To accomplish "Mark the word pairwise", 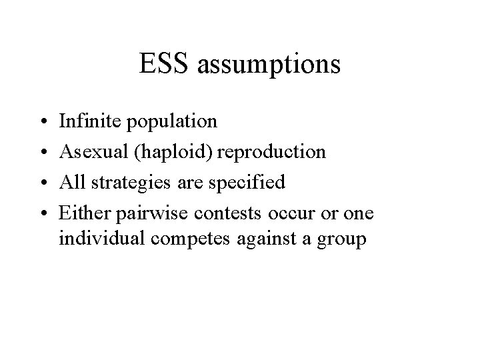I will (142, 213).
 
